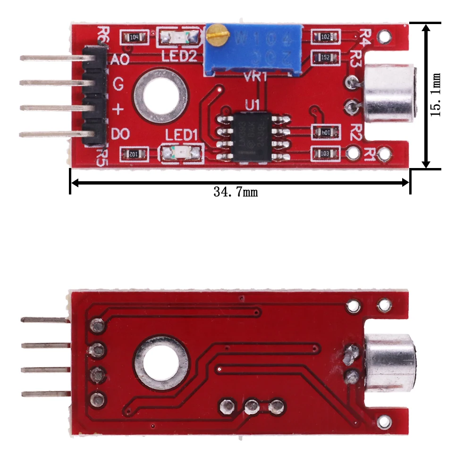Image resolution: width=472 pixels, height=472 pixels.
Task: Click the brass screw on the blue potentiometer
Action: pos(216,34)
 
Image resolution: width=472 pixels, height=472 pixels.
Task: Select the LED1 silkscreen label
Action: pos(180,135)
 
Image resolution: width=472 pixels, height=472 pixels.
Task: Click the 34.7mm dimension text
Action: pos(236,192)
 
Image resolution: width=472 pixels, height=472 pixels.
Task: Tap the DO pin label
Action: pos(120,135)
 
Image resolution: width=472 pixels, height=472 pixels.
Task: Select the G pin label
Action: pos(118,84)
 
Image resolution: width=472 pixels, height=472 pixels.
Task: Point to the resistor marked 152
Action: pos(326,57)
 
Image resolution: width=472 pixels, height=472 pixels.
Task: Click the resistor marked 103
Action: pos(326,153)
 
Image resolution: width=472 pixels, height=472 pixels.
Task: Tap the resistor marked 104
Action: pos(134,37)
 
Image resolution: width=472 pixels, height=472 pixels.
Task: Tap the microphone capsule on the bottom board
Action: pos(389,362)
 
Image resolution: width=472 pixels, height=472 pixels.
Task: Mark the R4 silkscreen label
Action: pos(366,36)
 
